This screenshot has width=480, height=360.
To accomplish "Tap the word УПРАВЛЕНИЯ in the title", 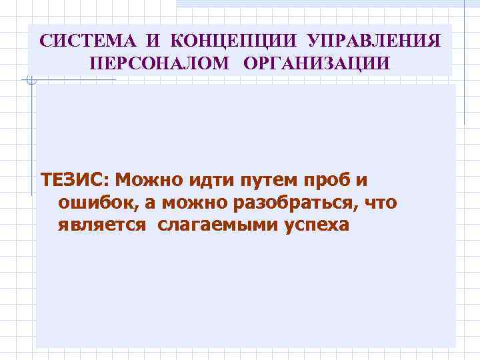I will pyautogui.click(x=374, y=41).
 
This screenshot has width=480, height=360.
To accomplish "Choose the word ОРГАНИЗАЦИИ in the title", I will pyautogui.click(x=315, y=63).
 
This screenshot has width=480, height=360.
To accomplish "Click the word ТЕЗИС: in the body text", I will pyautogui.click(x=75, y=181).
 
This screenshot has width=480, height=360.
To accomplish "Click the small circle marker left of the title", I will pyautogui.click(x=29, y=81).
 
